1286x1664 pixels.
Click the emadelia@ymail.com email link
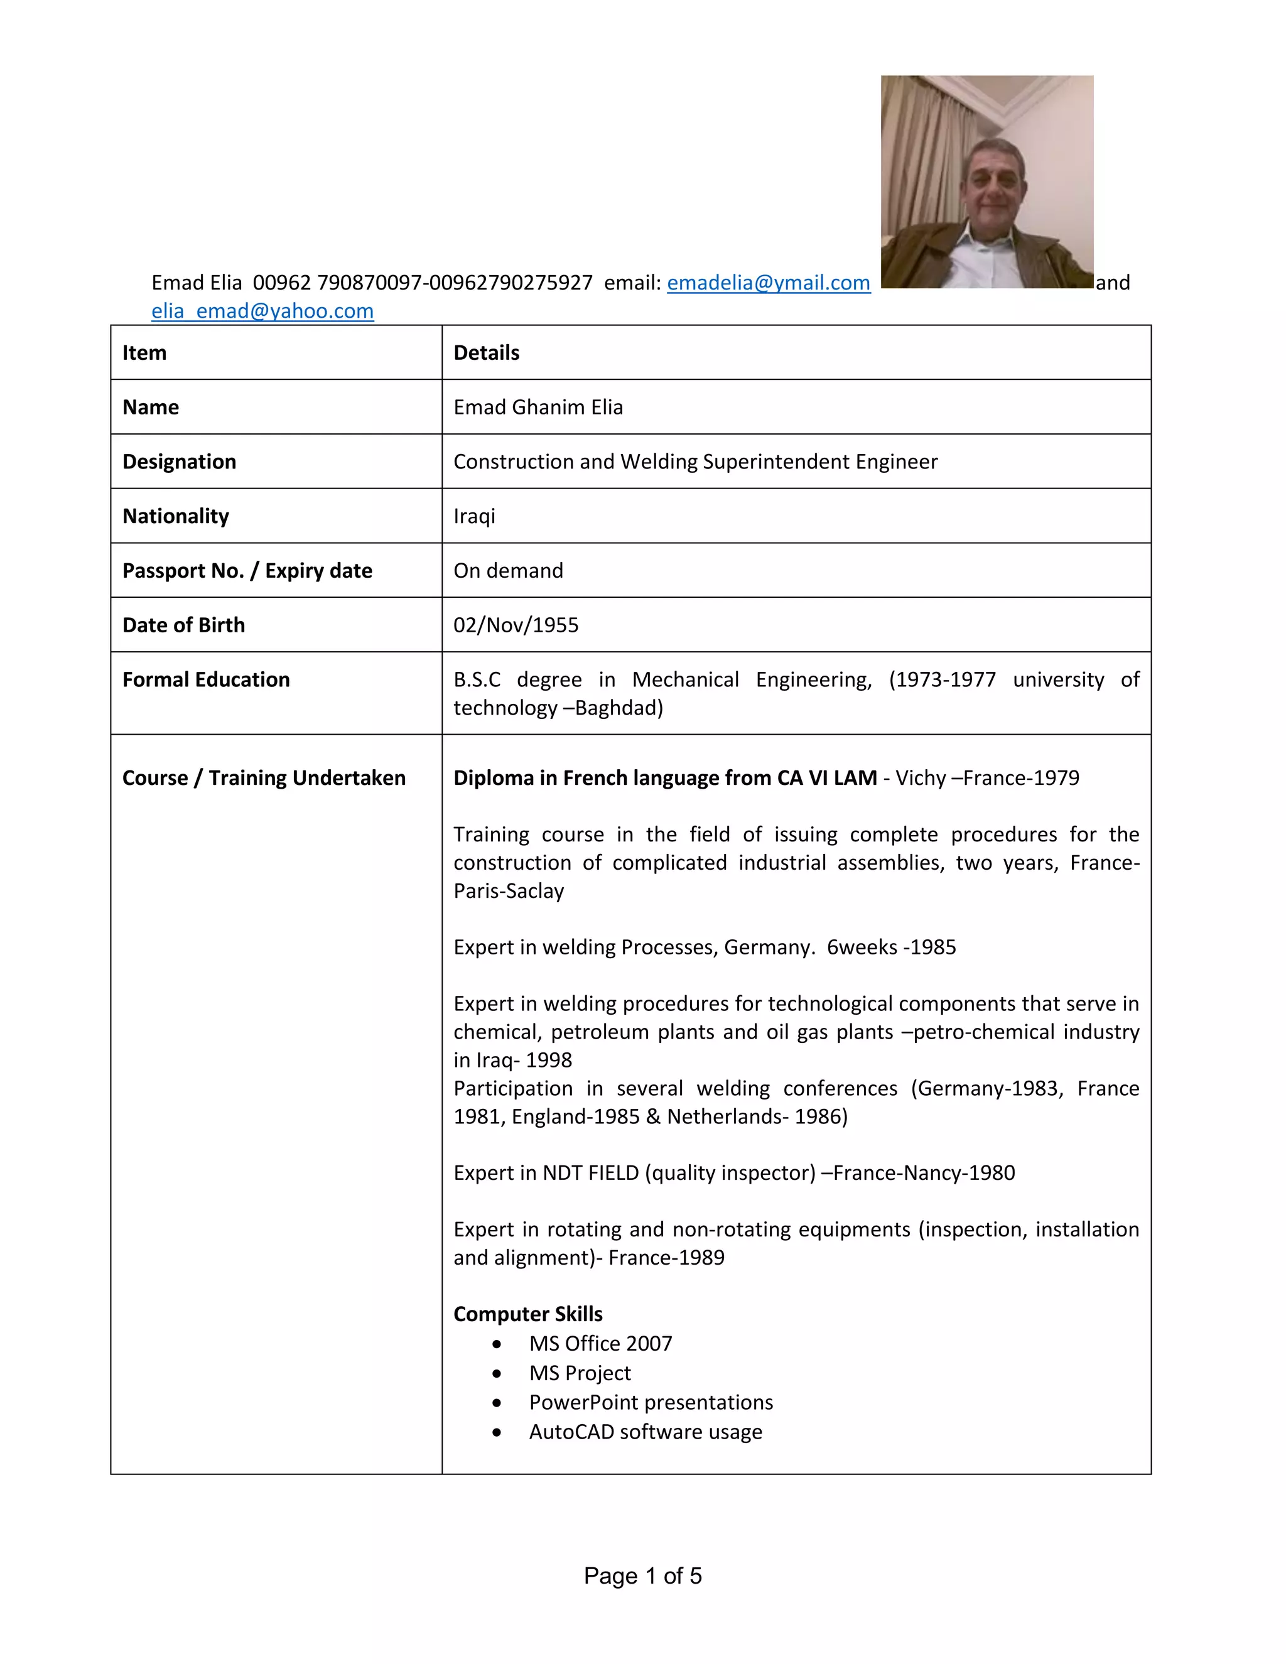point(768,283)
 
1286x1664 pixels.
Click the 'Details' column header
point(486,353)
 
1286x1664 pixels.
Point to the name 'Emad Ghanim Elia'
point(538,407)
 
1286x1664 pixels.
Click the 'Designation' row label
point(179,462)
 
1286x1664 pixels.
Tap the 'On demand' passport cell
point(508,571)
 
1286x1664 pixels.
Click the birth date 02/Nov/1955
point(516,625)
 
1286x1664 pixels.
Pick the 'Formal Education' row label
point(206,679)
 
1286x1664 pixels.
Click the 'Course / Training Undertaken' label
point(264,778)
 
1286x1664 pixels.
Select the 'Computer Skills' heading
point(527,1314)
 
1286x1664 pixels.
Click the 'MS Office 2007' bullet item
point(600,1343)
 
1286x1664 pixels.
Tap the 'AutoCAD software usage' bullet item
point(646,1432)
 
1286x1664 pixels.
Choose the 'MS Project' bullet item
point(580,1373)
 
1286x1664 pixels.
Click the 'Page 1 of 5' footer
point(642,1575)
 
